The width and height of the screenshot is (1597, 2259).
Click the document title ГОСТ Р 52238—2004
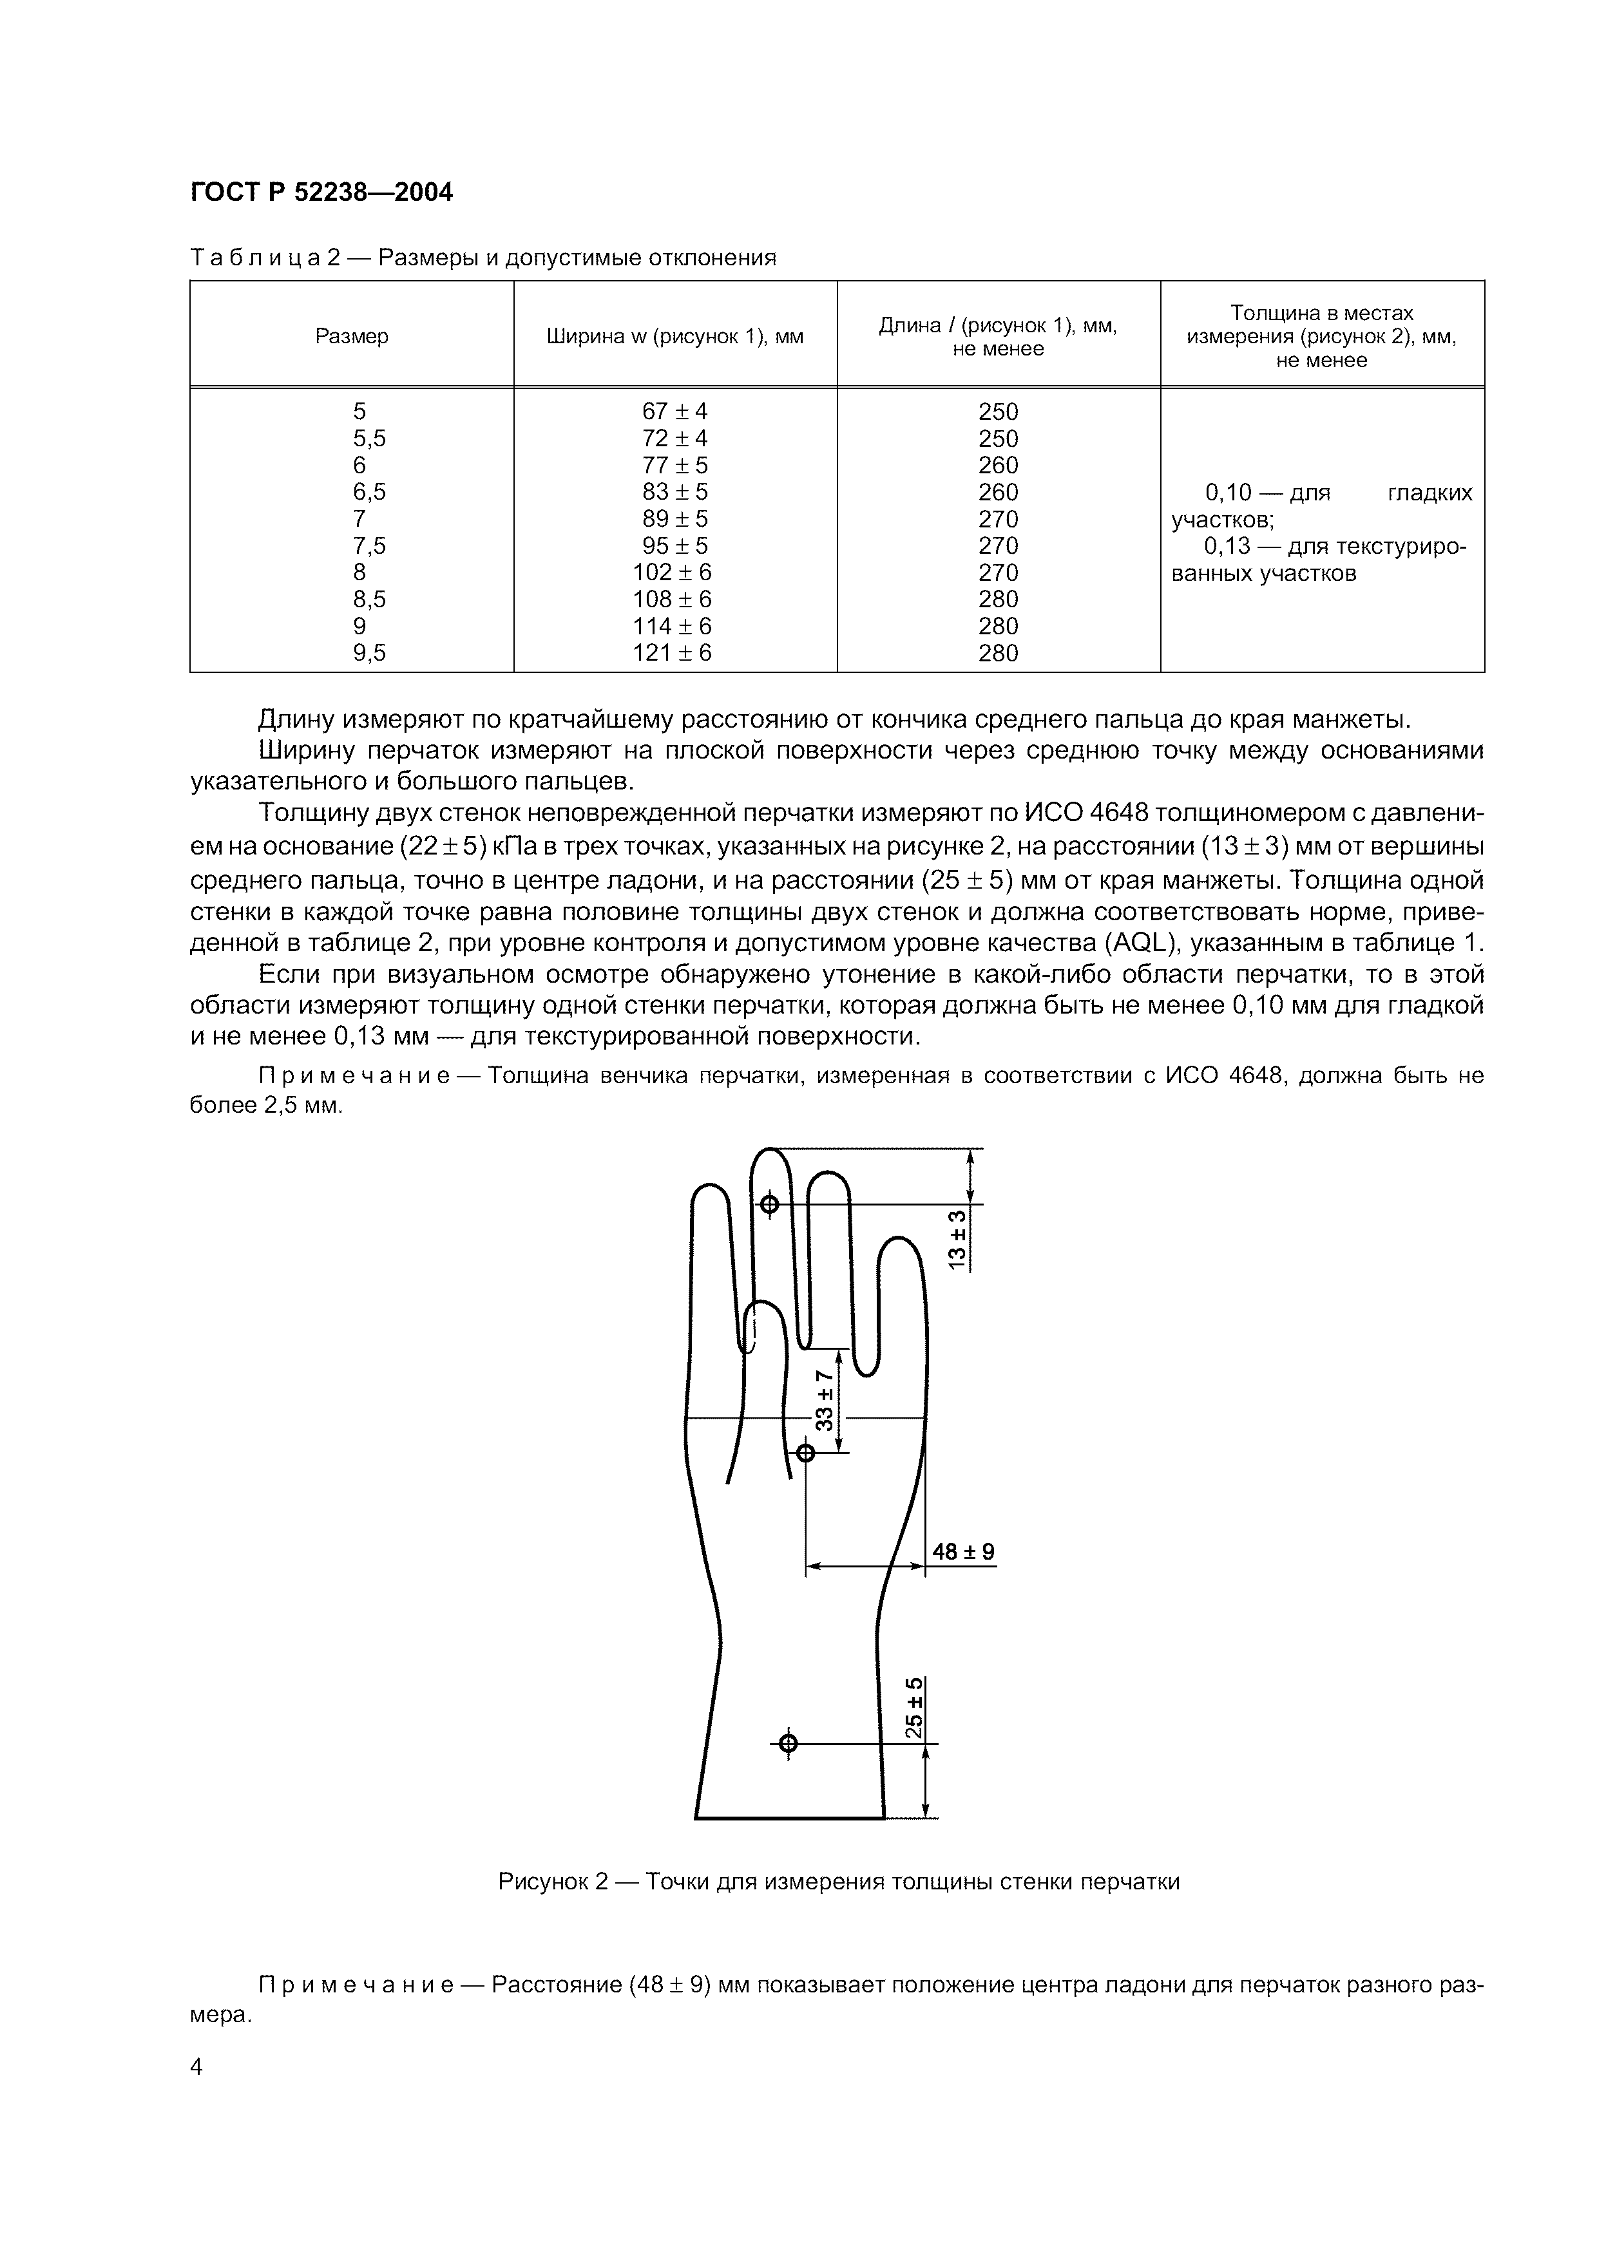321,193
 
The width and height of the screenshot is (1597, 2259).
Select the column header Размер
351,337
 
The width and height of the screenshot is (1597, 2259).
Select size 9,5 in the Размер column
369,652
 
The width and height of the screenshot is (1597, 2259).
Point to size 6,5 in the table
369,492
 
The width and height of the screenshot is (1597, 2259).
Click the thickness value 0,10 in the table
1227,493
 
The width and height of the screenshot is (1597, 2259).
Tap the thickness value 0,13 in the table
1227,546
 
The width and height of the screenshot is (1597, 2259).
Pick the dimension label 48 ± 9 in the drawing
963,1551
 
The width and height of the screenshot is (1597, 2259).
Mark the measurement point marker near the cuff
787,1743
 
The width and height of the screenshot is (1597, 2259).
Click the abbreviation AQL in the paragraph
1140,943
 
